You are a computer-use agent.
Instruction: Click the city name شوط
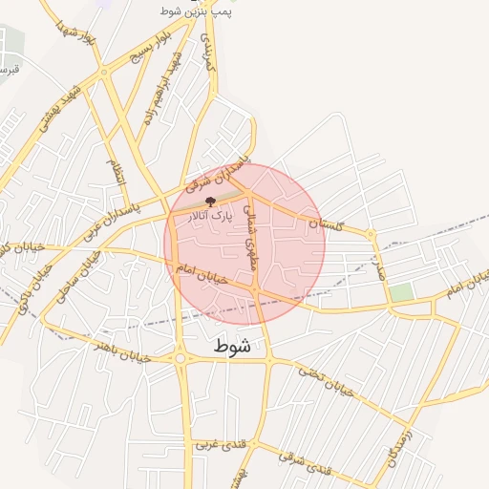tap(233, 346)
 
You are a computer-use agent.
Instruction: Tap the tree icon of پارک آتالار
tap(210, 202)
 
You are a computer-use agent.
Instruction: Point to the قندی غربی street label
tap(220, 445)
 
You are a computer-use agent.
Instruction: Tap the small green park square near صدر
tap(402, 292)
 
